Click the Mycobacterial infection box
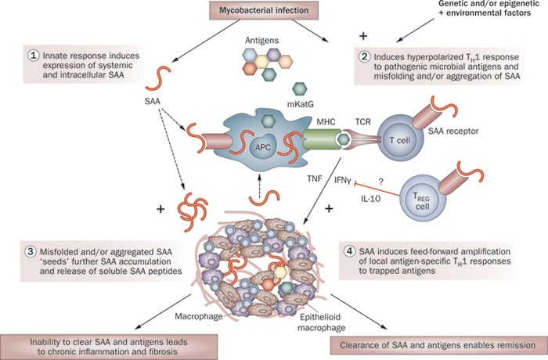click(264, 10)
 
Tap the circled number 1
click(33, 56)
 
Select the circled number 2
click(365, 56)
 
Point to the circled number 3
click(31, 251)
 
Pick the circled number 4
click(349, 251)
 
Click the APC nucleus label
click(263, 147)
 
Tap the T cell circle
click(400, 140)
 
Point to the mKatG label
click(300, 104)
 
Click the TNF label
click(315, 178)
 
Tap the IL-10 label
click(371, 199)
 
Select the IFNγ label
click(343, 181)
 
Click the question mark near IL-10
click(381, 182)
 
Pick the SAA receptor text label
click(453, 131)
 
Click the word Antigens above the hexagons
click(261, 40)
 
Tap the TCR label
click(363, 122)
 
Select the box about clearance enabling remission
click(438, 345)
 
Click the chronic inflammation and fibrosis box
click(108, 347)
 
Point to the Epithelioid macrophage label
click(321, 322)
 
